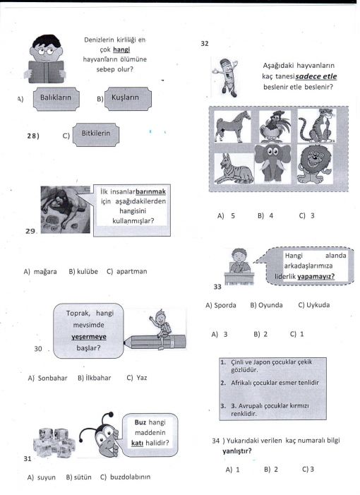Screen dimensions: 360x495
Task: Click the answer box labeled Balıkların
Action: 56,99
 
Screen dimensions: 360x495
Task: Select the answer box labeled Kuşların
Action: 128,99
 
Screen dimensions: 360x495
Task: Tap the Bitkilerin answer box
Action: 96,135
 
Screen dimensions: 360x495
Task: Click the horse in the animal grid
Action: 233,126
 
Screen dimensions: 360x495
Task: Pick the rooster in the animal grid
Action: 275,127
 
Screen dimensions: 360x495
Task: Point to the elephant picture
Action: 272,163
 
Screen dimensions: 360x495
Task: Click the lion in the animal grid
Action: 315,165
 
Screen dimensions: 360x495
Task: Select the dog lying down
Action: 234,169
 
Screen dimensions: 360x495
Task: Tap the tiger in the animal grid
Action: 316,125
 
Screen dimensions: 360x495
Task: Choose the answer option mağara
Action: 40,271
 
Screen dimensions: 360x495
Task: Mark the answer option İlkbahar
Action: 95,378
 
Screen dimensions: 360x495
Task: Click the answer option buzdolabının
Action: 125,477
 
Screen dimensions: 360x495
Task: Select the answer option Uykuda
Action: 314,305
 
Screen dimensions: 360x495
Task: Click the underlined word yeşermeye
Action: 89,337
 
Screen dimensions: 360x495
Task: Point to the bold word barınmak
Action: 150,191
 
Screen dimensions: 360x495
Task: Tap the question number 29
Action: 30,231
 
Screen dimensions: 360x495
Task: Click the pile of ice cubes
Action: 54,442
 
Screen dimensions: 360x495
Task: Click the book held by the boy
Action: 46,71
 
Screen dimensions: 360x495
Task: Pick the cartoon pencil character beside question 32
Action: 226,77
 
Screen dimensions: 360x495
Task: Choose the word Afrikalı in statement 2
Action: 242,383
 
